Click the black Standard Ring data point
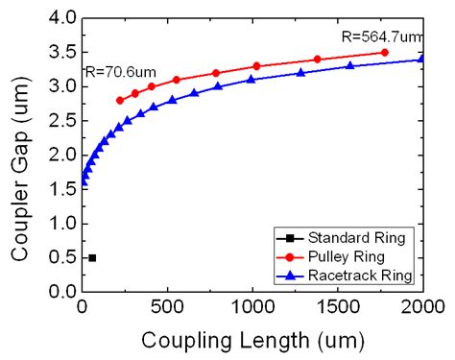(x=92, y=257)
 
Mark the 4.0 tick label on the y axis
(x=62, y=18)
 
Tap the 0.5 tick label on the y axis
(x=62, y=257)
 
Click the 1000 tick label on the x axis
(x=252, y=307)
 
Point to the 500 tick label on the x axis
(x=167, y=307)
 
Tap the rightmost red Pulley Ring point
(x=385, y=52)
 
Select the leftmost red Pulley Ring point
(x=119, y=100)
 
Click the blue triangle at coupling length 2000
(x=423, y=59)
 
